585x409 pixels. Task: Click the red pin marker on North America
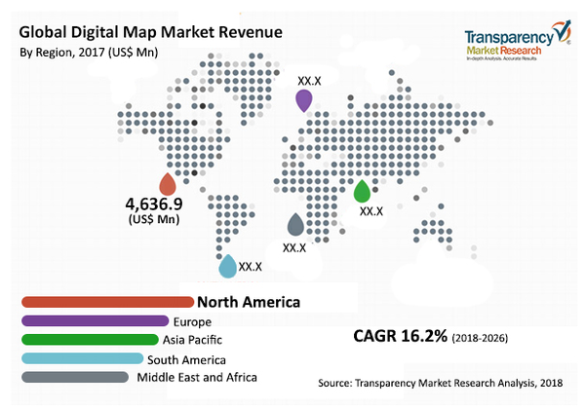(x=168, y=183)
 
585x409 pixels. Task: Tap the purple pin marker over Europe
(x=304, y=100)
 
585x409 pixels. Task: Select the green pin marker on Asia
(x=363, y=191)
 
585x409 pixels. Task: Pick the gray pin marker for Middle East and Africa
(x=295, y=226)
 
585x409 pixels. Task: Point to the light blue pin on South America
(x=226, y=265)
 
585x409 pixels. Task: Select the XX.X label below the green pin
(x=371, y=210)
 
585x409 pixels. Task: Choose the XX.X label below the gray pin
(x=294, y=247)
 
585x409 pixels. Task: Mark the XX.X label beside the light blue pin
(x=251, y=265)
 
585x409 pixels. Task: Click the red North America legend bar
(x=107, y=302)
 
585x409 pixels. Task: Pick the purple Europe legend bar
(x=94, y=320)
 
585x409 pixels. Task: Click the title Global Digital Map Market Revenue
(x=151, y=32)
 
